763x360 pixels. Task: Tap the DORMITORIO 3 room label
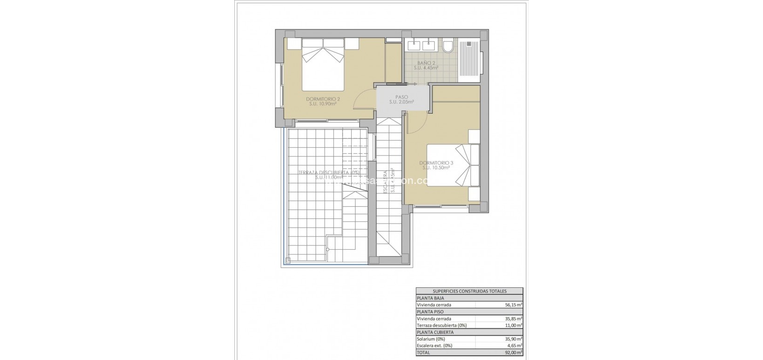point(436,163)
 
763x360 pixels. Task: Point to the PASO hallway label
point(395,97)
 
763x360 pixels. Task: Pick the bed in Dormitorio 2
point(323,65)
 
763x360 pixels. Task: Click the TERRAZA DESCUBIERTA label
point(329,172)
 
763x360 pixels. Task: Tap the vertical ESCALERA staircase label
point(386,182)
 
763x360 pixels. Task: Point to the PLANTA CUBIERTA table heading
point(435,333)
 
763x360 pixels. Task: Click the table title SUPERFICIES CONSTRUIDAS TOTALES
point(469,291)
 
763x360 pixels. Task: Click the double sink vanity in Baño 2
point(422,45)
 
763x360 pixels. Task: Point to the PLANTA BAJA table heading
point(430,298)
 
